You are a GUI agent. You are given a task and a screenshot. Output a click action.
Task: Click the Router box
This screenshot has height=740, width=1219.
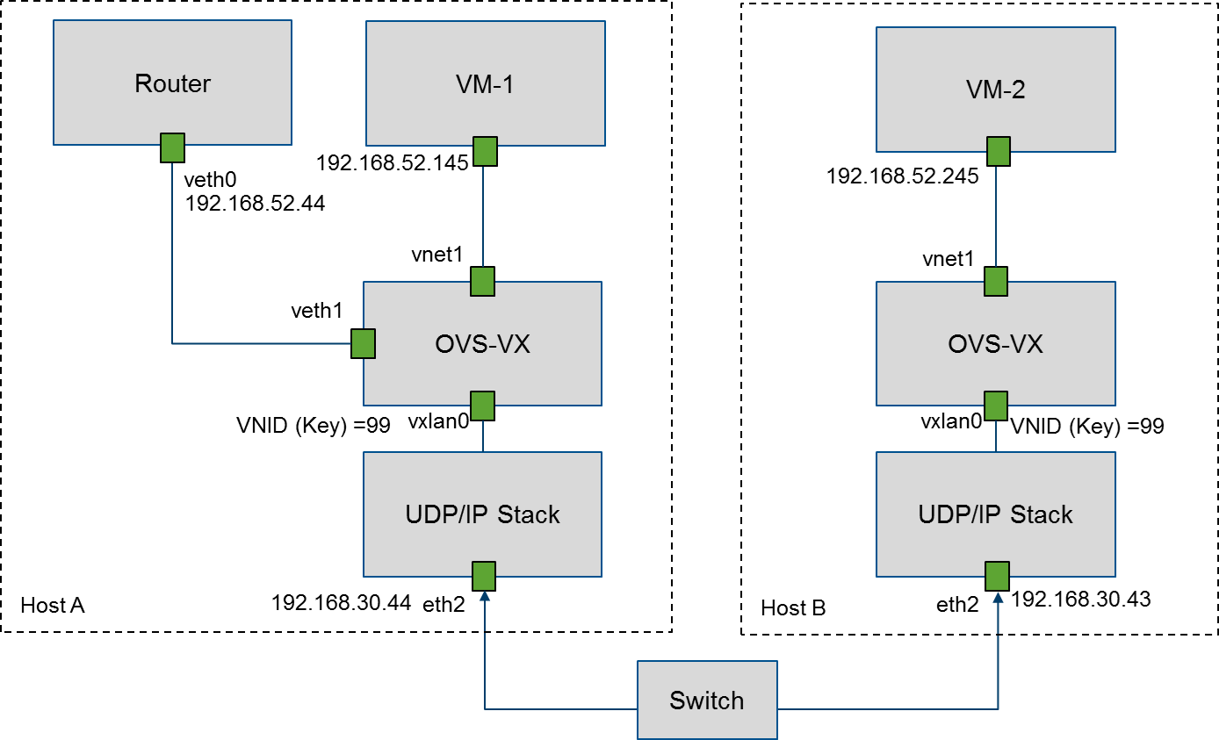click(x=172, y=83)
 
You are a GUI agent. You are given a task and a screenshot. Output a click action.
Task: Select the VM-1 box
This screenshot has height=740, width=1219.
click(x=485, y=83)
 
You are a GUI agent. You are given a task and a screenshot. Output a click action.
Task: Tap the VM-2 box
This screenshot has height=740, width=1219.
click(x=996, y=89)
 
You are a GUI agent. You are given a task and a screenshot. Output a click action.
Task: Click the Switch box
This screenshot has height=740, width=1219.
click(x=707, y=700)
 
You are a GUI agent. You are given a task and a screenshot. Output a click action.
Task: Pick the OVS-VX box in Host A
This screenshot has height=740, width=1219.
click(x=482, y=343)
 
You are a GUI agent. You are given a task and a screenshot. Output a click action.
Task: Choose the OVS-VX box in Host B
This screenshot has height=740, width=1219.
click(x=996, y=343)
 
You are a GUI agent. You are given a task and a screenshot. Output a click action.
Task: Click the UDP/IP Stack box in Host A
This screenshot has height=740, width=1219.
click(x=482, y=514)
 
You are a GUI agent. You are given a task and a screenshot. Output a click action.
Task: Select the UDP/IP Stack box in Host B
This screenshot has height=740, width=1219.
click(x=996, y=514)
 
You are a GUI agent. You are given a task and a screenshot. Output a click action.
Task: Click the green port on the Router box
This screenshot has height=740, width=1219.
click(x=172, y=148)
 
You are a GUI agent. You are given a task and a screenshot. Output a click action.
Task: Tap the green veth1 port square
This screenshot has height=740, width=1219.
click(x=363, y=343)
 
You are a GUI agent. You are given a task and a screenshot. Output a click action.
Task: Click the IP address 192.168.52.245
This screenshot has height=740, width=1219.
click(x=903, y=176)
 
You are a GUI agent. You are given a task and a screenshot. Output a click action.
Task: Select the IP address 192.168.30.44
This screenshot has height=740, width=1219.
click(x=342, y=602)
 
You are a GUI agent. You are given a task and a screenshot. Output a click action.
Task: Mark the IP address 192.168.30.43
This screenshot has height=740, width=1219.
click(x=1081, y=600)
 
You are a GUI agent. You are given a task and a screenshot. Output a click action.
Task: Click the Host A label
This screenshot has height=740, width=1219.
click(x=52, y=605)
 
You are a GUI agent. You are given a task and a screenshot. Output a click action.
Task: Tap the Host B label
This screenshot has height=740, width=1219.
click(x=793, y=607)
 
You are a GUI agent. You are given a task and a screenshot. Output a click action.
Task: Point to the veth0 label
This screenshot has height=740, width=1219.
click(x=211, y=180)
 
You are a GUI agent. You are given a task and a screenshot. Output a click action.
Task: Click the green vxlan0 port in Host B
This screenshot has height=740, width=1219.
click(x=995, y=406)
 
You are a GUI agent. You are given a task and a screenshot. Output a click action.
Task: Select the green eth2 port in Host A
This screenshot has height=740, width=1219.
click(x=484, y=577)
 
